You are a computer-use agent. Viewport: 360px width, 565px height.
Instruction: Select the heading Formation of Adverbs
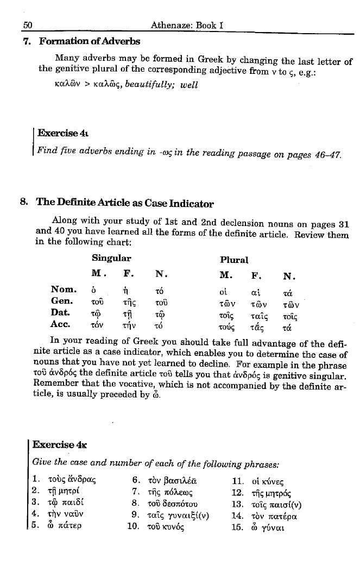point(89,41)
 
